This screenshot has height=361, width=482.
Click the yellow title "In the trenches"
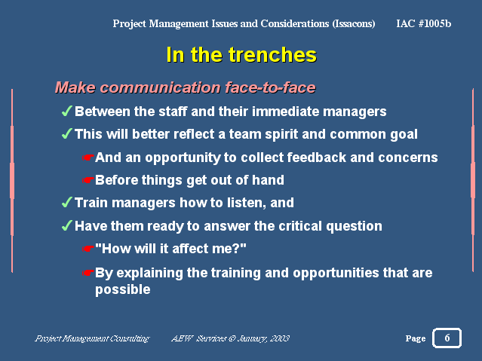click(x=241, y=55)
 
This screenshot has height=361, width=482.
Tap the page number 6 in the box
click(x=447, y=338)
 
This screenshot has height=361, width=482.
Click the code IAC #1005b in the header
click(x=424, y=23)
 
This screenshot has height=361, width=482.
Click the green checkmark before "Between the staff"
click(x=67, y=111)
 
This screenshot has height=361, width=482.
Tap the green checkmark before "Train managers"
click(x=67, y=202)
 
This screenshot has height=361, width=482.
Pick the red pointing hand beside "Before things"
click(x=87, y=180)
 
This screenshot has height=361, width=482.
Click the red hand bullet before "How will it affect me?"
click(x=87, y=249)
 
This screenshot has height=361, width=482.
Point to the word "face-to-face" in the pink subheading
click(x=270, y=87)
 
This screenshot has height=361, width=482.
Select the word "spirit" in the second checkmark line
click(x=281, y=135)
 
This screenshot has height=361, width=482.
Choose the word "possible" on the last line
click(x=123, y=289)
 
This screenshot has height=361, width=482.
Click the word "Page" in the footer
click(x=416, y=338)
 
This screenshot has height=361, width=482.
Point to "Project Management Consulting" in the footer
click(x=92, y=338)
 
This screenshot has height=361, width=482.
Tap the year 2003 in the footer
click(x=281, y=338)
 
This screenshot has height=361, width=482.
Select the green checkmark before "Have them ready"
click(x=67, y=225)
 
